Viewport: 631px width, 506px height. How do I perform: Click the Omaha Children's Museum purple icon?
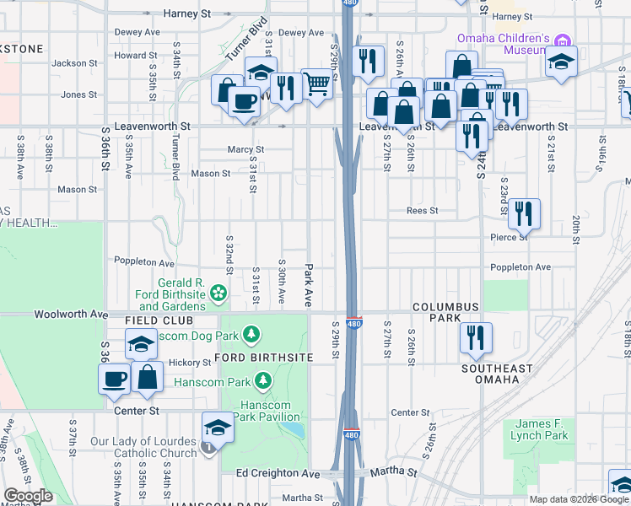(x=563, y=40)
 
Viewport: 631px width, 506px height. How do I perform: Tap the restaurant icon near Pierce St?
(x=524, y=215)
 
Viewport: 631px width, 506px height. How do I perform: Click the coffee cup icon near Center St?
(x=115, y=379)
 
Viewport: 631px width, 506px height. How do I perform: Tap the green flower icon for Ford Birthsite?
(x=218, y=293)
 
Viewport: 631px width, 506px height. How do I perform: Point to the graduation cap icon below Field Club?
(x=141, y=344)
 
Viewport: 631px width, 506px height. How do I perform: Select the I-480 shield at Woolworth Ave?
(x=354, y=323)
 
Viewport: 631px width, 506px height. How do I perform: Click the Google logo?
(x=28, y=496)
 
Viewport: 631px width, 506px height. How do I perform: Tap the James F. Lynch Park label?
(x=540, y=429)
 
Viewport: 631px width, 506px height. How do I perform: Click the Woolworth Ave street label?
(x=71, y=314)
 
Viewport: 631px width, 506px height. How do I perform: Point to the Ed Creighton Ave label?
(x=278, y=474)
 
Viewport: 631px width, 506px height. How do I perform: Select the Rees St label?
(x=422, y=211)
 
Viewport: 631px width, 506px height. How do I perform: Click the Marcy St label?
(x=246, y=149)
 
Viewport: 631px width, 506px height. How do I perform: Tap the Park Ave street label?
(x=309, y=272)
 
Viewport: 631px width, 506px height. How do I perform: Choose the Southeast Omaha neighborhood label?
(x=497, y=374)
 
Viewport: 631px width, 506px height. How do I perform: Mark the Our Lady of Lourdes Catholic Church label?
(x=144, y=447)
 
